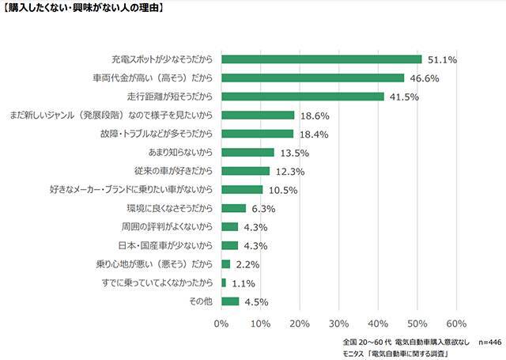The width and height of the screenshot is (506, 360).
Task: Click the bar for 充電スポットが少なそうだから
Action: click(322, 59)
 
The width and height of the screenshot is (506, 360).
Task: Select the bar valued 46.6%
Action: click(313, 78)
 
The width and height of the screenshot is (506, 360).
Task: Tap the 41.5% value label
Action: click(404, 97)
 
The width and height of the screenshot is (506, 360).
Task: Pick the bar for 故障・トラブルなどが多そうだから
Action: click(258, 134)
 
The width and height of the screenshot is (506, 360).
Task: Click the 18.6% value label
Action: click(315, 116)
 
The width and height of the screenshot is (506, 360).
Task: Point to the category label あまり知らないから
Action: click(182, 153)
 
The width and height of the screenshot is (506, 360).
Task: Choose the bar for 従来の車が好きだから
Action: click(246, 171)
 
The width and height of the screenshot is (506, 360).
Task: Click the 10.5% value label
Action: click(283, 190)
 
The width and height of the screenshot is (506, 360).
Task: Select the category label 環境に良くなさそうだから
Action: click(170, 208)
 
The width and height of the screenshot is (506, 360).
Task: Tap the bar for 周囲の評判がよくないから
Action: click(230, 226)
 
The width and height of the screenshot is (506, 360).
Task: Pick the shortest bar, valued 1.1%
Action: click(224, 282)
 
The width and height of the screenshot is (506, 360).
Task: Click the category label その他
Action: click(202, 301)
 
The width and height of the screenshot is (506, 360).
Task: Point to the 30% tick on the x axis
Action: click(338, 324)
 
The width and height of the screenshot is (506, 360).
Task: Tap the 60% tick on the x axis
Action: click(456, 324)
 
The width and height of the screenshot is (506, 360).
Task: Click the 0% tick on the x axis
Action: click(221, 324)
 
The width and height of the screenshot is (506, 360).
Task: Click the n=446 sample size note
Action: click(485, 341)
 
